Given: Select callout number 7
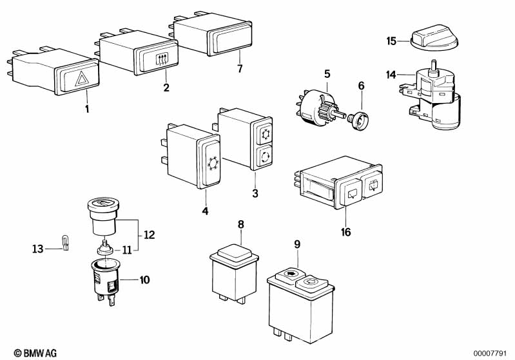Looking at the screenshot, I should (239, 68).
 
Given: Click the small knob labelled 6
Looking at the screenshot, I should (358, 118).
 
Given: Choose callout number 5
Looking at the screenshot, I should (327, 73).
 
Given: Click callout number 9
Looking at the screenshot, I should (297, 244).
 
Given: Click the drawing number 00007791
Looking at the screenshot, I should (492, 352).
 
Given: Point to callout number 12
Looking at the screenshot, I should (150, 236).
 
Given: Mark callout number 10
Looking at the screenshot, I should (144, 279).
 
